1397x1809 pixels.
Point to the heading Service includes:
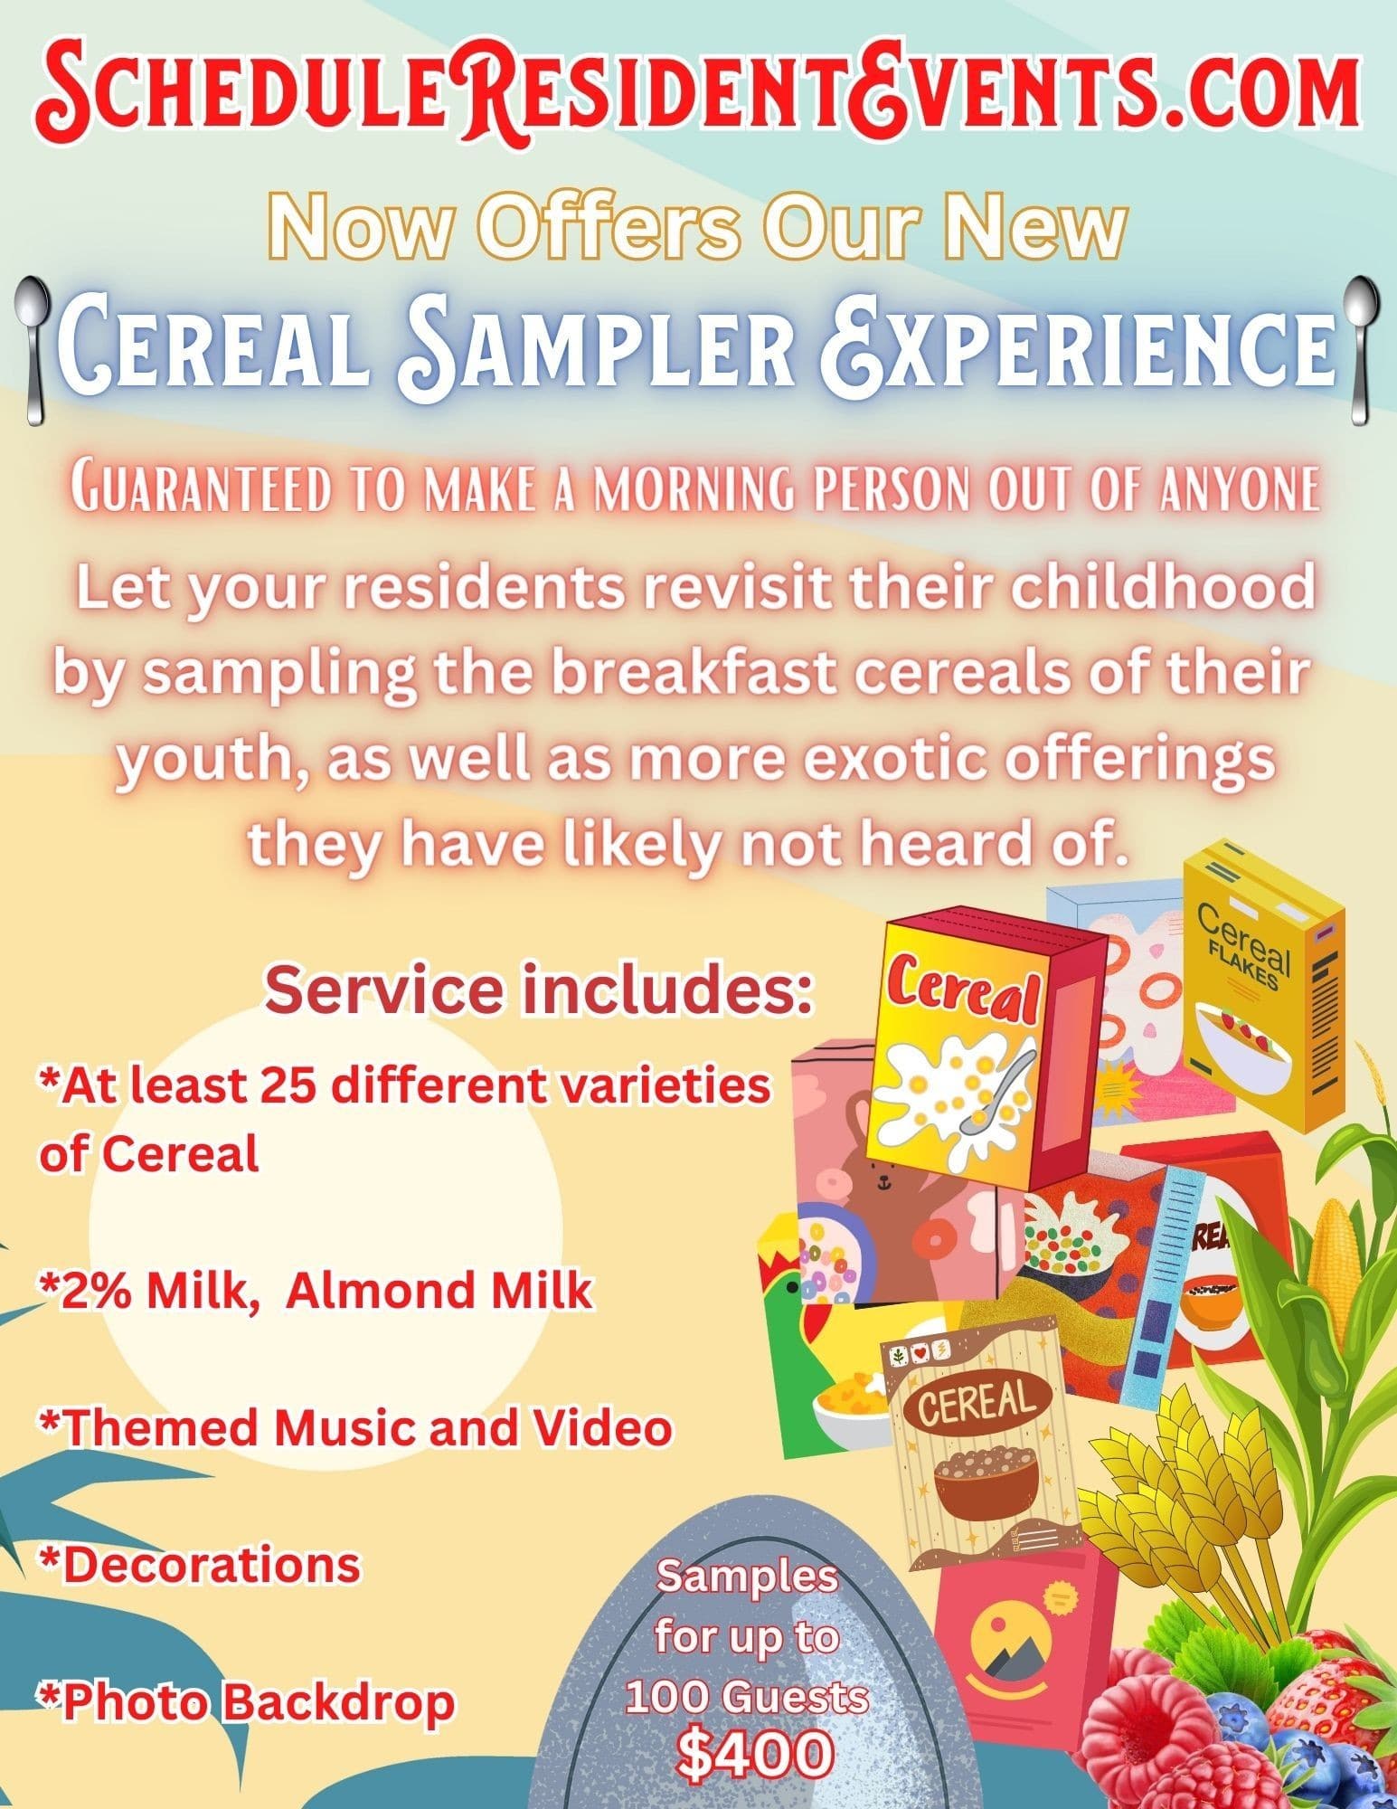pos(533,991)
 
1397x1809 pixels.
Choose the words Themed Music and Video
pos(355,1428)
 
